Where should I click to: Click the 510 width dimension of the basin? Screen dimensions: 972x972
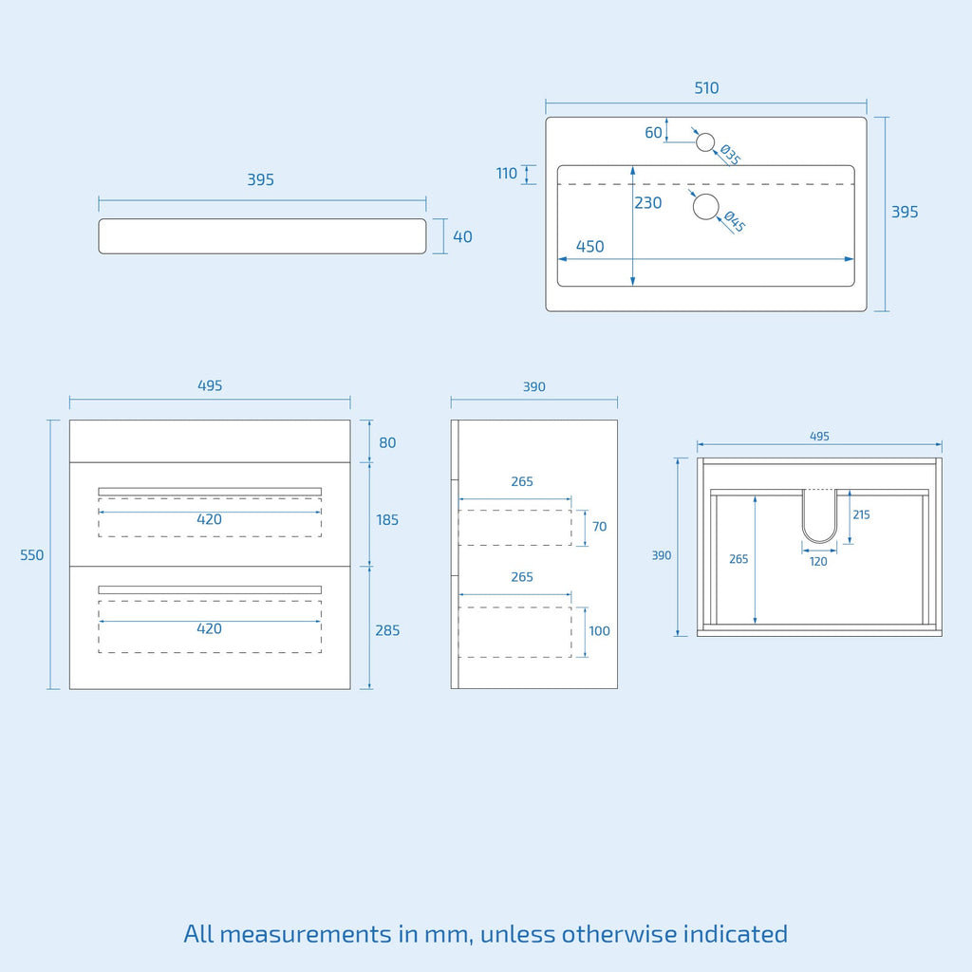coord(706,88)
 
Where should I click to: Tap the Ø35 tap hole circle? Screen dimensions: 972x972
coord(705,142)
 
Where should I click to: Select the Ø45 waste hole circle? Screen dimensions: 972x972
coord(705,206)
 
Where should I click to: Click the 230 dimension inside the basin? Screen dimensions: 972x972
coord(647,203)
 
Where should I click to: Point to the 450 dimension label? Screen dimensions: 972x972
coord(589,247)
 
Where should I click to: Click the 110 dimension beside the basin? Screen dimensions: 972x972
coord(507,174)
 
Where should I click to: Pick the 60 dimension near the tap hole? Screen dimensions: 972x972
coord(653,133)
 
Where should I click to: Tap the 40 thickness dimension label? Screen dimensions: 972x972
coord(462,236)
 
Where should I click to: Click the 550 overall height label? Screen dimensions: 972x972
coord(31,554)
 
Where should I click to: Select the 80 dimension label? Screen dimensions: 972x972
coord(387,442)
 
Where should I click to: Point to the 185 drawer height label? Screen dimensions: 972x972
coord(387,520)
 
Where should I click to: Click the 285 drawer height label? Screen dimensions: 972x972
coord(387,630)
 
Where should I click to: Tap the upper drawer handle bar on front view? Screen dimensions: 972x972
coord(210,492)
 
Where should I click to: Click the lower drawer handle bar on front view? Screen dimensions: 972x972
coord(210,589)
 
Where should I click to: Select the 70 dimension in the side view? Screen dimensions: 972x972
coord(599,526)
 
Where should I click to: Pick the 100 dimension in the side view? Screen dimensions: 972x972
coord(599,631)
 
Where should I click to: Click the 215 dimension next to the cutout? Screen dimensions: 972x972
coord(861,514)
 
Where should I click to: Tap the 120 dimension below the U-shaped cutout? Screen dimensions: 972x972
coord(818,562)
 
